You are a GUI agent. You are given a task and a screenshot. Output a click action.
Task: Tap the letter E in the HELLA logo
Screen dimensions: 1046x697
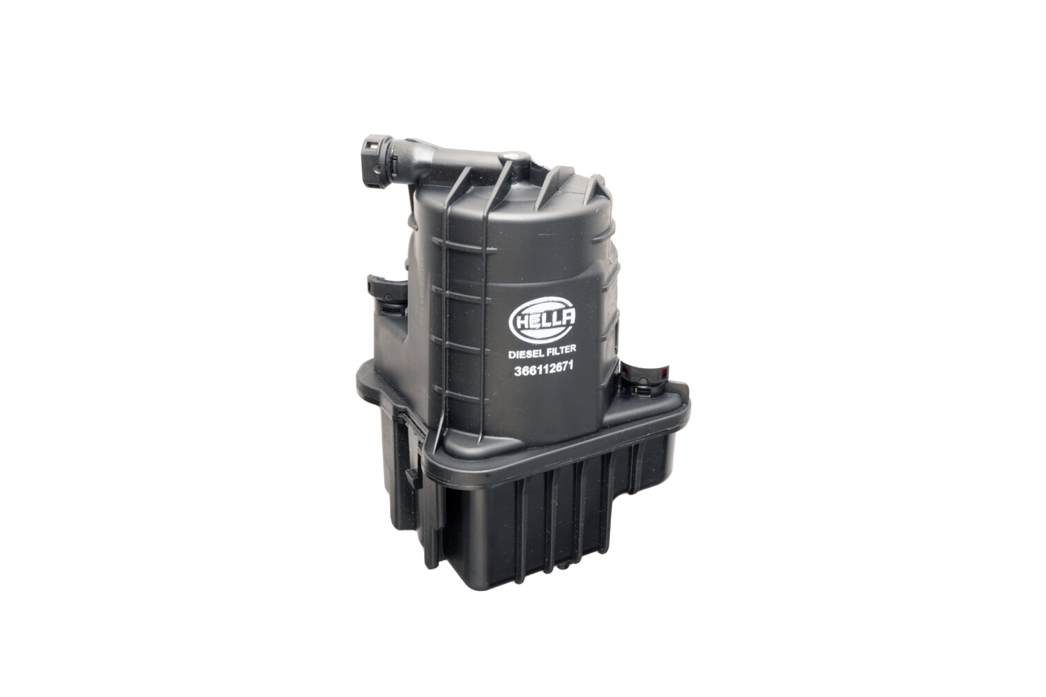point(531,321)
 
